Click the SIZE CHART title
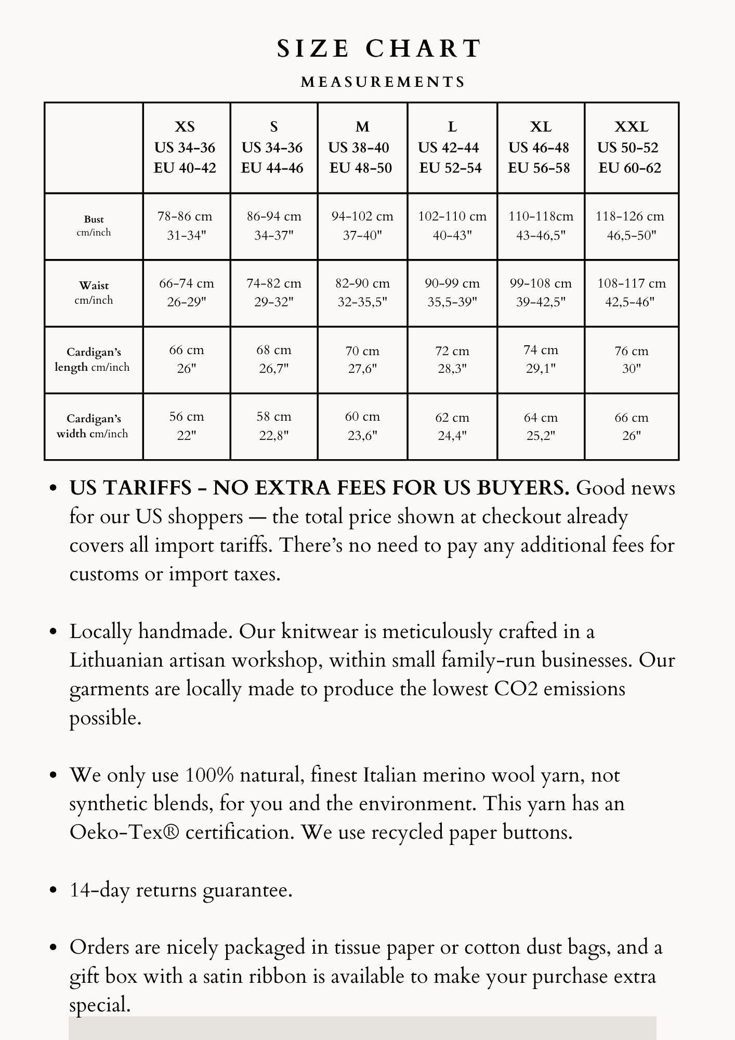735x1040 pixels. (379, 48)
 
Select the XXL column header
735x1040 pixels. (631, 147)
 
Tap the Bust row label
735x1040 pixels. (94, 226)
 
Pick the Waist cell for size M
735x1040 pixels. (362, 293)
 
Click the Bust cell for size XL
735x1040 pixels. (541, 226)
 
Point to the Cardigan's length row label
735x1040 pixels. (93, 359)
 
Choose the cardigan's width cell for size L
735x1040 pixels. (452, 426)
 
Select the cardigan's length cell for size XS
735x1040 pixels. (186, 359)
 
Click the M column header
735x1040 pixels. (362, 147)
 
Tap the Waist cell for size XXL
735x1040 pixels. (631, 293)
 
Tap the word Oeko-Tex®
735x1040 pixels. (125, 832)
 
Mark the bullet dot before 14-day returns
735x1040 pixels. (52, 890)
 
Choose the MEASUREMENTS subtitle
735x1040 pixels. (383, 82)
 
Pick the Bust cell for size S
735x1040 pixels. (274, 226)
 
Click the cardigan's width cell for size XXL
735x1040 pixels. (631, 426)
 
